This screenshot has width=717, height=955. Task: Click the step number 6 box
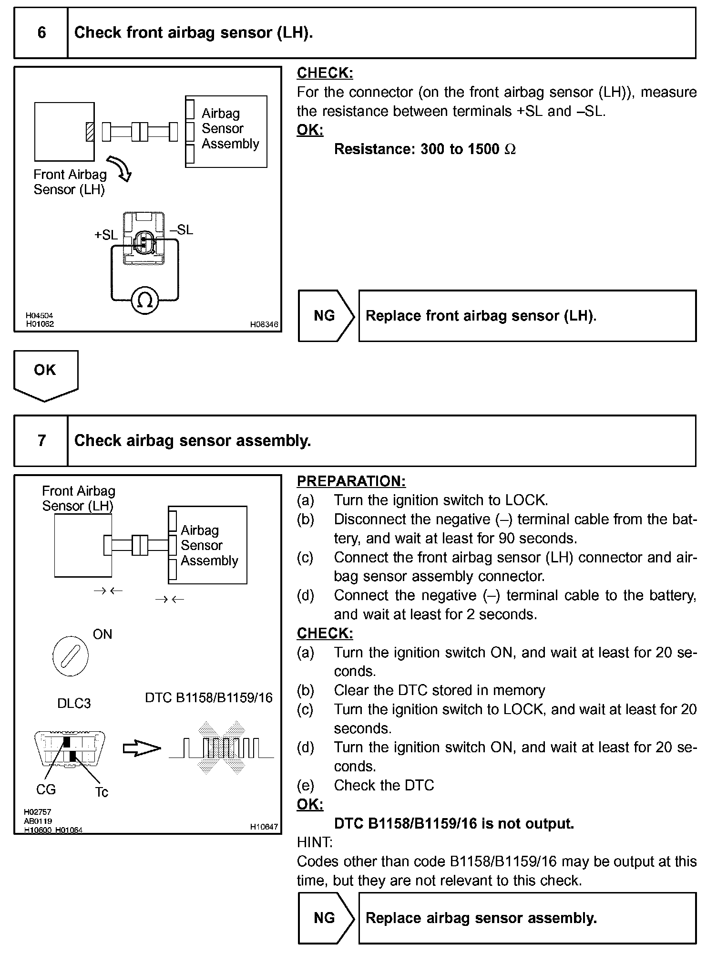tap(41, 33)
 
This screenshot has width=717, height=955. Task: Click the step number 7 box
tap(41, 440)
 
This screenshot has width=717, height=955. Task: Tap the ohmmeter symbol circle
tap(145, 300)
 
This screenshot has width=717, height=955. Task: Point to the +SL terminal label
tap(106, 235)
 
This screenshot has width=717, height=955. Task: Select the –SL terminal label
tap(182, 230)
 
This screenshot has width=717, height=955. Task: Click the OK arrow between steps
tap(46, 374)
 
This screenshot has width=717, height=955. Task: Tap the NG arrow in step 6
tap(326, 316)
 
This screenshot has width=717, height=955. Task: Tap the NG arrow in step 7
tap(326, 918)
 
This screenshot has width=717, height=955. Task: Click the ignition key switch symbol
tap(70, 656)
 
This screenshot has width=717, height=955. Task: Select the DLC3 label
tap(74, 704)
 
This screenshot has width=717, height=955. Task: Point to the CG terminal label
tap(46, 789)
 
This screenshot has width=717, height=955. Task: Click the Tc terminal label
tap(102, 792)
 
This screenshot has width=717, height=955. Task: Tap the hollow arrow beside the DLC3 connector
tap(142, 748)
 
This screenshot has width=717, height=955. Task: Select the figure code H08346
tap(264, 324)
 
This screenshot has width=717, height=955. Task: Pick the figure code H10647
tap(264, 827)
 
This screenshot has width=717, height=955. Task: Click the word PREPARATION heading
tap(351, 481)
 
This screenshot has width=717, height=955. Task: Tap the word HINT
tap(315, 842)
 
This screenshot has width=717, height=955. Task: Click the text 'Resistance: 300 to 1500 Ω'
tap(425, 149)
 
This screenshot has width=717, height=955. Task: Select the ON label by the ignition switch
tap(102, 634)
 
